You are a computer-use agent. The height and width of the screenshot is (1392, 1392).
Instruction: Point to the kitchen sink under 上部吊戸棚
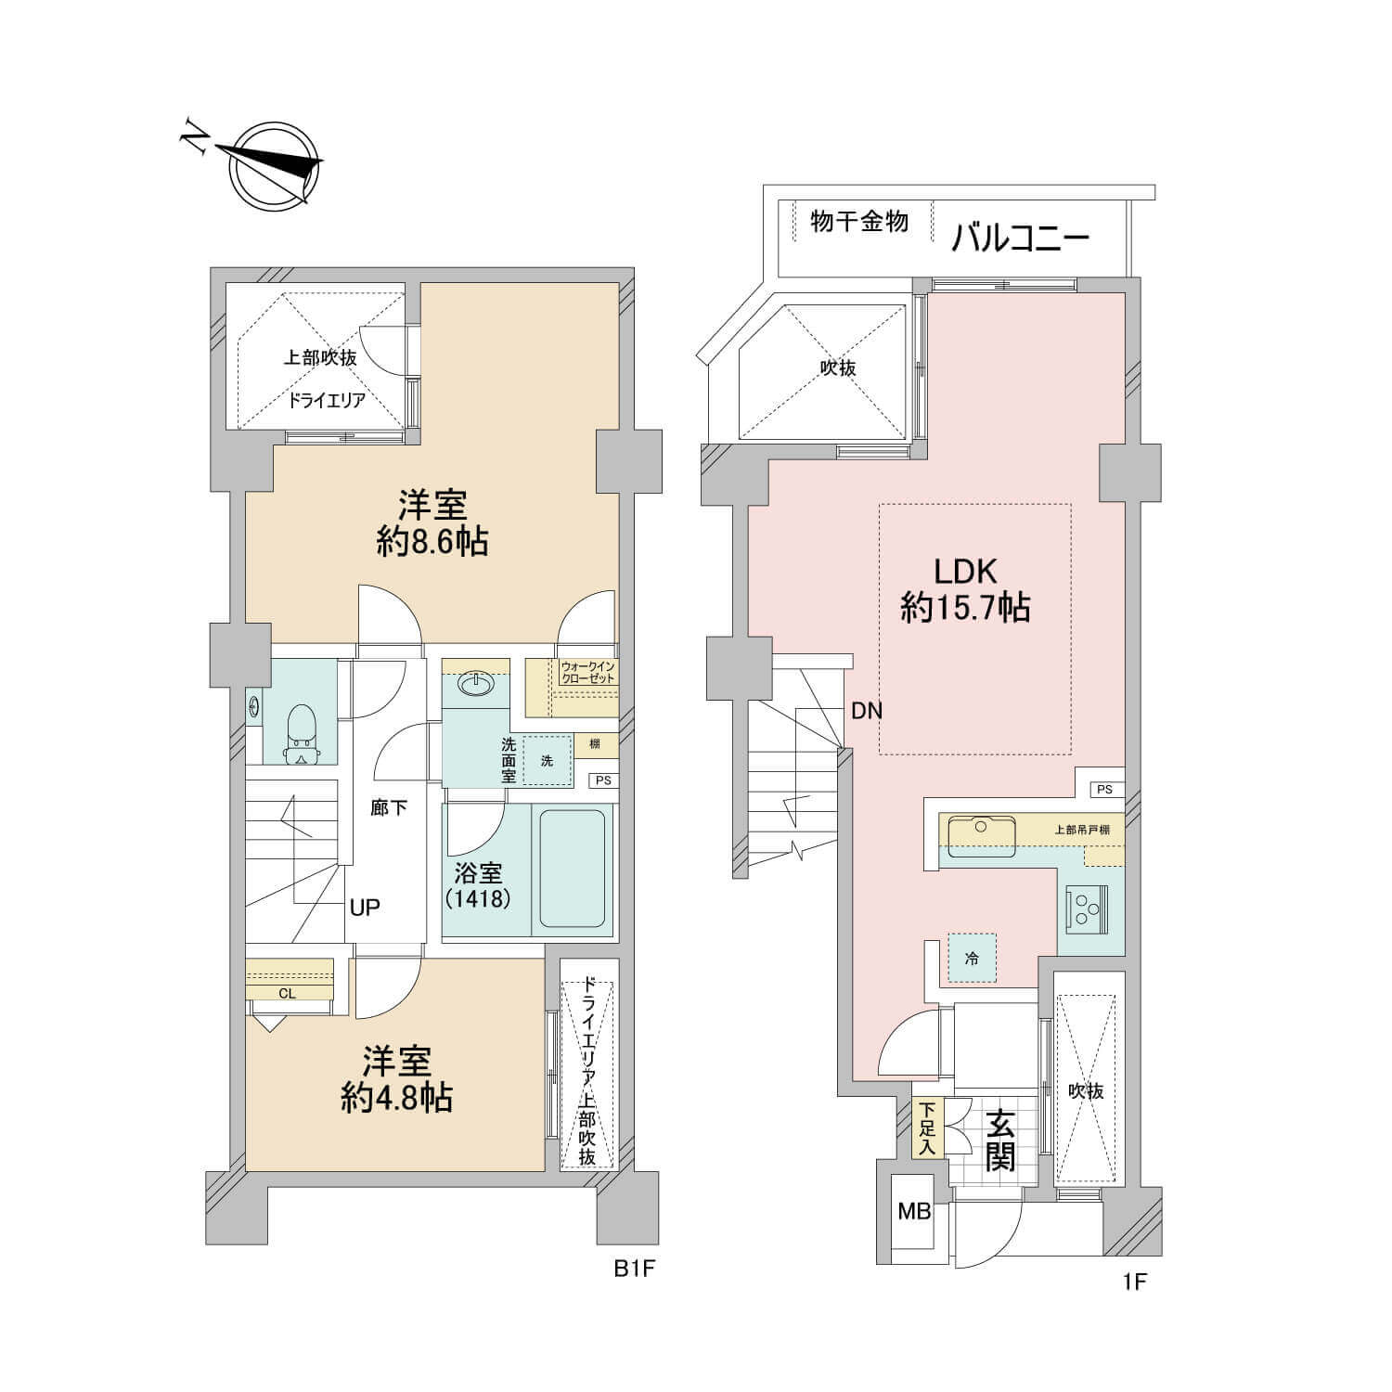(x=976, y=836)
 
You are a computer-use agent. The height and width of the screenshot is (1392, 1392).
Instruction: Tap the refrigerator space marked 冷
(x=972, y=958)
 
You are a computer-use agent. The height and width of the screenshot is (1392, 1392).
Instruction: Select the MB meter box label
(x=914, y=1211)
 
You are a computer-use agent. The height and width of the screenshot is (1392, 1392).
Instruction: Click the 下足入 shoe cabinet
(x=926, y=1128)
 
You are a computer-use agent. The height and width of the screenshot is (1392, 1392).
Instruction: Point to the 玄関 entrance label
(x=999, y=1141)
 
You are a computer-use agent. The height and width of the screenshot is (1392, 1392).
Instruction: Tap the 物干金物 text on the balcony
(x=858, y=222)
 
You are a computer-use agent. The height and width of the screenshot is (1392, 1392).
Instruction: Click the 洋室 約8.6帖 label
(x=432, y=524)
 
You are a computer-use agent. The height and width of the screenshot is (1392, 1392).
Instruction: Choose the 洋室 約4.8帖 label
(x=396, y=1079)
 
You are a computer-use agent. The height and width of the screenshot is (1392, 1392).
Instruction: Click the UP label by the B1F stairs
(x=365, y=907)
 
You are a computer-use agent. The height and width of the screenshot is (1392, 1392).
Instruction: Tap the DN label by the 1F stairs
(x=867, y=712)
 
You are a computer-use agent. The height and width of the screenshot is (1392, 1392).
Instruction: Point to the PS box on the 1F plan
(x=1104, y=789)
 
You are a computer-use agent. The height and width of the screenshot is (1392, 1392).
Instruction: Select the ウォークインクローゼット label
(x=587, y=673)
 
